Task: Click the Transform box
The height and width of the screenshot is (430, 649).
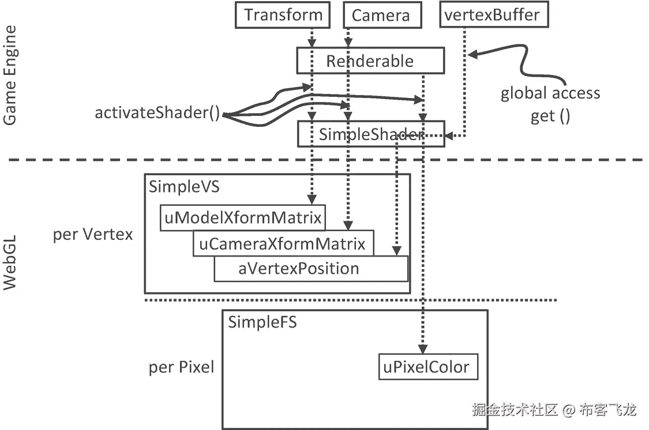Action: coord(283,15)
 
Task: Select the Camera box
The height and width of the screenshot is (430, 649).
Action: coord(381,16)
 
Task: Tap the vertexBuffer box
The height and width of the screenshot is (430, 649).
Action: coord(493,15)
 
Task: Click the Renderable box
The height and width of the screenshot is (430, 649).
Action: coord(370,61)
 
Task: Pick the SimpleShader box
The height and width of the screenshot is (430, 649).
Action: coord(371,134)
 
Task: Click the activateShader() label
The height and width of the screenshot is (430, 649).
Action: coord(157,113)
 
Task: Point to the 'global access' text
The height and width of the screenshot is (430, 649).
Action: coord(550,93)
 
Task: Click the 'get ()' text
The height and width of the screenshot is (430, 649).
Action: coord(550,116)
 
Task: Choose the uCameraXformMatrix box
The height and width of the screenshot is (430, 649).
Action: coord(283,244)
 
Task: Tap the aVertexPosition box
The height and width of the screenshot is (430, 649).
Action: coord(299,269)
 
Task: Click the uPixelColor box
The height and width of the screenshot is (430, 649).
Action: coord(428,367)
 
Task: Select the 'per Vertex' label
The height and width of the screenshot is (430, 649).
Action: coord(92,235)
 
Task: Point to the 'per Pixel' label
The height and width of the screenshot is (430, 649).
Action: coord(181,367)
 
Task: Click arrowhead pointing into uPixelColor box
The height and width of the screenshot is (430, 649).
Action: coord(423,349)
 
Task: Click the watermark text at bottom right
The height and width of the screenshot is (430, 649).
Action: coord(554,410)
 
